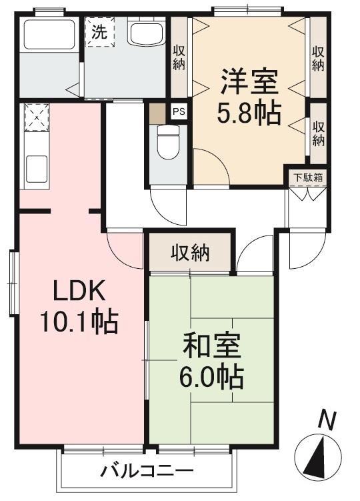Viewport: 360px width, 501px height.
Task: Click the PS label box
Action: click(179, 111)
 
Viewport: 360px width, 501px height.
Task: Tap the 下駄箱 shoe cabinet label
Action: click(307, 178)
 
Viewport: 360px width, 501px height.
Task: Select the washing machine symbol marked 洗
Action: click(99, 31)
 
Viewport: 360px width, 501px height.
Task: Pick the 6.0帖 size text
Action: click(211, 378)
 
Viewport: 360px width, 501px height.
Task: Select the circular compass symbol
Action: click(319, 456)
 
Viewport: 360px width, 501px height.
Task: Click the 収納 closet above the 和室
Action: click(191, 253)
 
